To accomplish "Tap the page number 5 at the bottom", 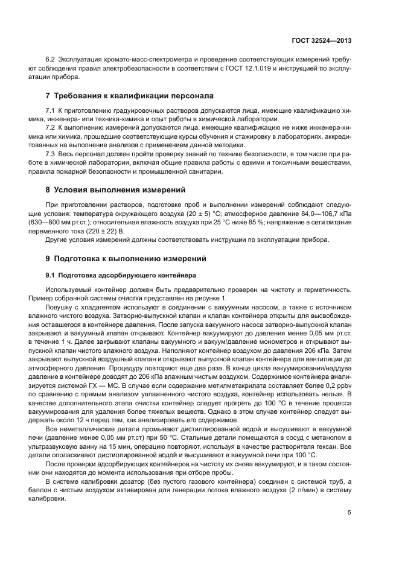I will [x=349, y=513].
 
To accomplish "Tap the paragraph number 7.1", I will [x=51, y=111].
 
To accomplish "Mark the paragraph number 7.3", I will [x=51, y=154].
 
